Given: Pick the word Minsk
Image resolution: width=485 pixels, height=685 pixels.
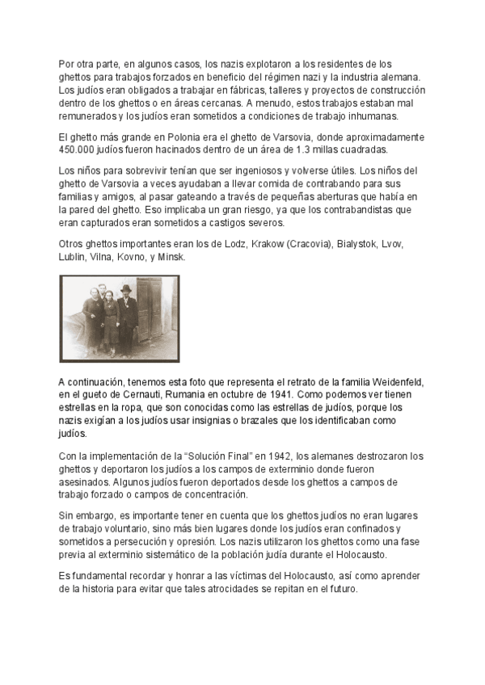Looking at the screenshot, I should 172,257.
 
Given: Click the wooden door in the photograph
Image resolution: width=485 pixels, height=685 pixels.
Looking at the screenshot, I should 150,308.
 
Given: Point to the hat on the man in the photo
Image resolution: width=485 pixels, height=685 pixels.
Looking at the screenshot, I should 125,288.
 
